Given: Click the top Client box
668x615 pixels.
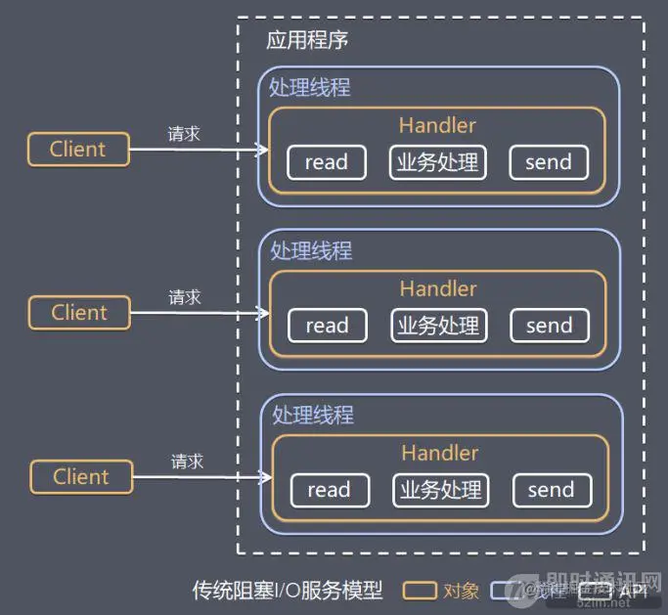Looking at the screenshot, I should coord(78,150).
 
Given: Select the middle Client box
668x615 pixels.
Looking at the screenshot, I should coord(79,313).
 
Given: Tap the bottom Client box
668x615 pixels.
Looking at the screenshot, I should coord(81,477).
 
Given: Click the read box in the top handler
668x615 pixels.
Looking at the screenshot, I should coord(326,162).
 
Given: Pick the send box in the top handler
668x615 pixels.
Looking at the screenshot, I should coord(548,162).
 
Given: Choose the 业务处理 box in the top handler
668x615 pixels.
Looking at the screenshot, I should coord(437,162).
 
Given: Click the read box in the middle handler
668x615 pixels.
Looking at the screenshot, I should coord(327,326).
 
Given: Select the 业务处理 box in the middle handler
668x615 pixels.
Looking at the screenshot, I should coord(438,326).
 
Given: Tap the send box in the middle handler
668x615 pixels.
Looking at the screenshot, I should coord(549,326).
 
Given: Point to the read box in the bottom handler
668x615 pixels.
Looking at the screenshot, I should coord(329,490).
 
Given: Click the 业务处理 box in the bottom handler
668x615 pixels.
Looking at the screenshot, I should coord(440,490).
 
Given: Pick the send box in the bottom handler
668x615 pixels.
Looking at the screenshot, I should coord(551,490).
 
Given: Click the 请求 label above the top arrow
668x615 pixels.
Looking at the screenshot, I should coord(184,134).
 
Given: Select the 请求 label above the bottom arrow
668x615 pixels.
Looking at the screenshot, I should coord(187,461).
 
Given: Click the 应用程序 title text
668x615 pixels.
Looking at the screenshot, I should coord(307,41).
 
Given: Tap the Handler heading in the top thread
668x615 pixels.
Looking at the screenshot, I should coord(437,125).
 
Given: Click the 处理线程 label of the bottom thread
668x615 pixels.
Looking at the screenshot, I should coord(312,415).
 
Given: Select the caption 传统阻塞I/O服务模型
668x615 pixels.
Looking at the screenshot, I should coord(287,591).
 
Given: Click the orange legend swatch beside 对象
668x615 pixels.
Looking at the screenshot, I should coord(421,591).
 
